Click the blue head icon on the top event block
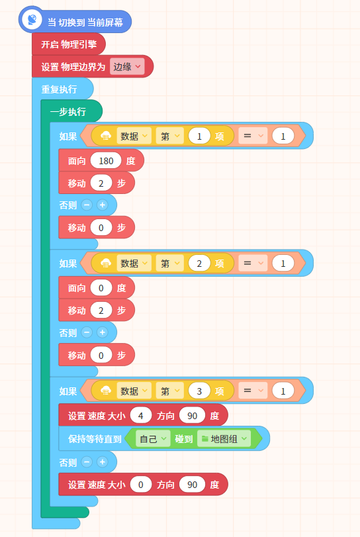(32, 19)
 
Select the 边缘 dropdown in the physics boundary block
(127, 66)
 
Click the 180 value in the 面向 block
(106, 161)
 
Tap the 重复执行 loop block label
(59, 89)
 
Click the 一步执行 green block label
(67, 112)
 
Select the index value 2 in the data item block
(199, 264)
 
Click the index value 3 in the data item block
(199, 391)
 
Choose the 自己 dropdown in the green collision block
(153, 439)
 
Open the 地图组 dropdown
(224, 439)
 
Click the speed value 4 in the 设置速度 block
(141, 416)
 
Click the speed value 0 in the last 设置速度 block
(141, 485)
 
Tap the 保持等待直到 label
(95, 439)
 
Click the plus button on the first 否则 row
(102, 205)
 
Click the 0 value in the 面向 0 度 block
(101, 288)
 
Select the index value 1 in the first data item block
(199, 136)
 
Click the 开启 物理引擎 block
(68, 44)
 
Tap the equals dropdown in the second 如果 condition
(253, 264)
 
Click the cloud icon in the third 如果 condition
(106, 391)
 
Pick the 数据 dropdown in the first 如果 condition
(134, 136)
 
